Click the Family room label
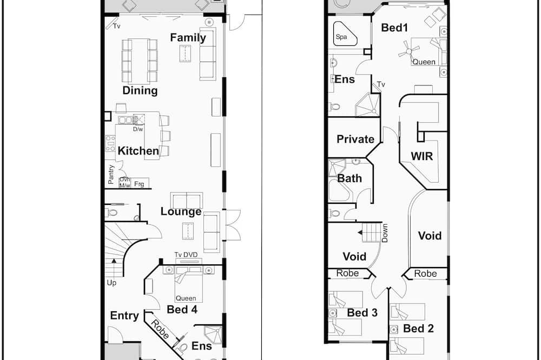(x=188, y=38)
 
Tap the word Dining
(x=140, y=90)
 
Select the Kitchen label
(x=138, y=151)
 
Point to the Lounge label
(x=181, y=211)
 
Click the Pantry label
(x=111, y=174)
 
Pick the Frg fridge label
(x=139, y=184)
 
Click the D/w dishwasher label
(x=138, y=129)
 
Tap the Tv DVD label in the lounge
(x=186, y=255)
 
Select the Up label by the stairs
(x=111, y=283)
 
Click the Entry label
(x=124, y=316)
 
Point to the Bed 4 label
(x=182, y=309)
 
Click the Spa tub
(x=345, y=35)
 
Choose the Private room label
(x=355, y=139)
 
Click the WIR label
(x=422, y=156)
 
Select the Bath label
(x=349, y=178)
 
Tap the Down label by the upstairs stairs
(x=385, y=233)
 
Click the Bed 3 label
(x=362, y=312)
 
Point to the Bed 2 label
(x=418, y=328)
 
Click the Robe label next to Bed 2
(x=425, y=274)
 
